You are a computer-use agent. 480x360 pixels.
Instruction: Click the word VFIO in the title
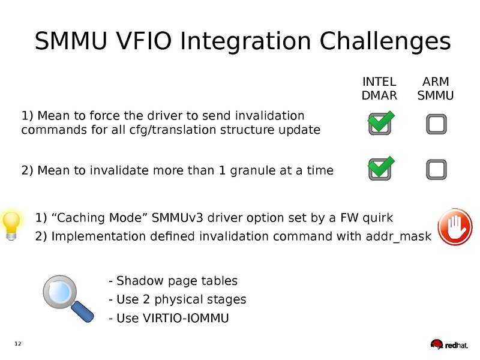[145, 41]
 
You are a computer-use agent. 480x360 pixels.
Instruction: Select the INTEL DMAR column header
[379, 88]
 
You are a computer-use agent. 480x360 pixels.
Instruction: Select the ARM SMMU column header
[436, 88]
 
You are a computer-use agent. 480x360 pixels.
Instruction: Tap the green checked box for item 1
[380, 123]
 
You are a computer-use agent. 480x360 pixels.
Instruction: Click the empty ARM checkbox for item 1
[436, 124]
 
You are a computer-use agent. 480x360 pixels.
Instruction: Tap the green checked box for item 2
[380, 168]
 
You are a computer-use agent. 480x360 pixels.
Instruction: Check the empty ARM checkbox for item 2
[436, 170]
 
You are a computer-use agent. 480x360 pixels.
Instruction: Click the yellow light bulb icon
[11, 226]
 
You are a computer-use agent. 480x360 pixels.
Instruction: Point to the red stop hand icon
[455, 227]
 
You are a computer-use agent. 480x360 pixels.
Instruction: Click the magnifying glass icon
[68, 298]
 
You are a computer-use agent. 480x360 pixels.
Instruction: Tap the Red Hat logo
[449, 344]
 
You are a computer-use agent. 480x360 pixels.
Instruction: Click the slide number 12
[18, 344]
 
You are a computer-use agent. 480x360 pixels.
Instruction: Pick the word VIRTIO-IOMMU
[186, 318]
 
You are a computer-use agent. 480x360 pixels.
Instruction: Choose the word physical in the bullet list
[179, 299]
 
